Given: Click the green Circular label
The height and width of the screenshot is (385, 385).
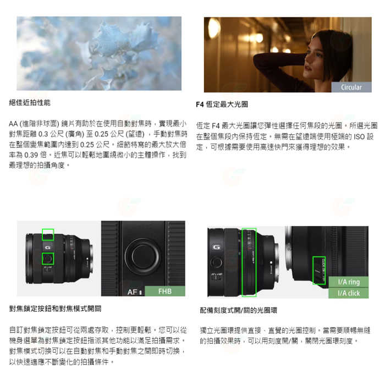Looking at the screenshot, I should (x=351, y=87).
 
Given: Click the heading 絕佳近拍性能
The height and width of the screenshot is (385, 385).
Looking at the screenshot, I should (x=30, y=103).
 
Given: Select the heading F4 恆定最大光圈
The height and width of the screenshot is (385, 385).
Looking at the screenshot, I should (x=222, y=105).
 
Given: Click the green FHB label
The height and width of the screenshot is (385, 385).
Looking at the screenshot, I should (x=164, y=291).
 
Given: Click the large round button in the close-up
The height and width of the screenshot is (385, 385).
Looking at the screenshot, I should (x=143, y=254).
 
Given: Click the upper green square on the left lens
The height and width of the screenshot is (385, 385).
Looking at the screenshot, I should (x=48, y=235).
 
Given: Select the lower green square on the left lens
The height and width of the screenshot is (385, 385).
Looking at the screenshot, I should (x=48, y=258).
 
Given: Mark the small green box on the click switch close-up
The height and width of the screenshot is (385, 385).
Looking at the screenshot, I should (x=319, y=270).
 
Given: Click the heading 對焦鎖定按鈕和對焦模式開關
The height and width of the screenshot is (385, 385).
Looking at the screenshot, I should (x=55, y=308).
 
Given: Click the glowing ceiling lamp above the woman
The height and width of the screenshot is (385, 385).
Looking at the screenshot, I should (x=215, y=28).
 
